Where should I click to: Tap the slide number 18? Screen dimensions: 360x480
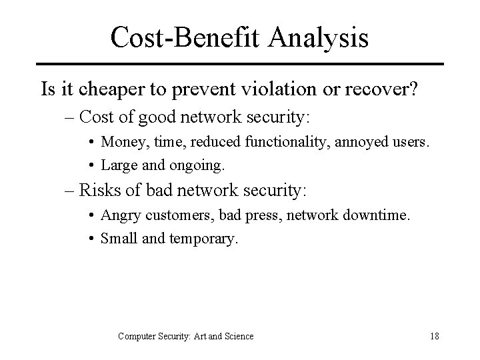(x=434, y=336)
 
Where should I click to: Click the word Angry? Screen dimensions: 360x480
(x=117, y=217)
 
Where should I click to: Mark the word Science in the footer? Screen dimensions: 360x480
(x=237, y=336)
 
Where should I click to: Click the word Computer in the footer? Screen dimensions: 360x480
(x=139, y=336)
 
